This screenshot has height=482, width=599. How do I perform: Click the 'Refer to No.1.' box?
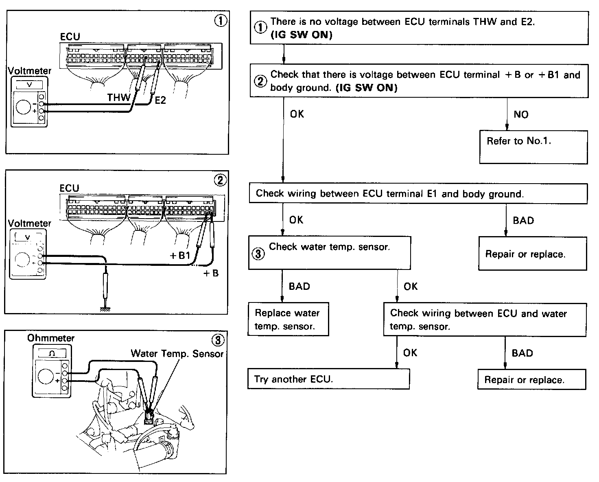pos(533,147)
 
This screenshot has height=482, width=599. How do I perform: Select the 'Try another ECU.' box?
pos(328,379)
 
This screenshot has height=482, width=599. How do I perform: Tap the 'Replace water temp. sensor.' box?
pos(288,319)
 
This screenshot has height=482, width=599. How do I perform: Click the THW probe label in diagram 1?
pos(118,97)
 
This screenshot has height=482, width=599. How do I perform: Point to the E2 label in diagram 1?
pos(160,100)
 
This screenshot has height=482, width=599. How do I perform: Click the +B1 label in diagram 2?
pos(179,256)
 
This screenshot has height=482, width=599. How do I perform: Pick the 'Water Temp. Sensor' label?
pos(177,353)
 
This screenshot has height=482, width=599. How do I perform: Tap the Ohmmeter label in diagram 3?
pos(51,338)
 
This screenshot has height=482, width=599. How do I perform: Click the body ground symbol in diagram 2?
pos(105,309)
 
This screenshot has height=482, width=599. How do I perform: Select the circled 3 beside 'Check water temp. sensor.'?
pos(258,254)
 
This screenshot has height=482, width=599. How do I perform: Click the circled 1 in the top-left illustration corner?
pos(221,21)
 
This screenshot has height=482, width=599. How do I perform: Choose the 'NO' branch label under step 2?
pos(521,114)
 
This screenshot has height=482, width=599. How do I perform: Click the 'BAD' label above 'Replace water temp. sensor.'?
pos(299,286)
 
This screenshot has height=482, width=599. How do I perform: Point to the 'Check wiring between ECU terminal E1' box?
pos(418,193)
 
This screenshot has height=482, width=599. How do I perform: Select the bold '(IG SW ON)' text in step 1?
pos(302,35)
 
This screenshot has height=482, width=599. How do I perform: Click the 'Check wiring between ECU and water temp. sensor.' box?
pos(485,320)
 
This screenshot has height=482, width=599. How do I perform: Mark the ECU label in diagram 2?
pos(69,188)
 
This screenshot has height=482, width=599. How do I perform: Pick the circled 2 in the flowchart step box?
pos(260,81)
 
